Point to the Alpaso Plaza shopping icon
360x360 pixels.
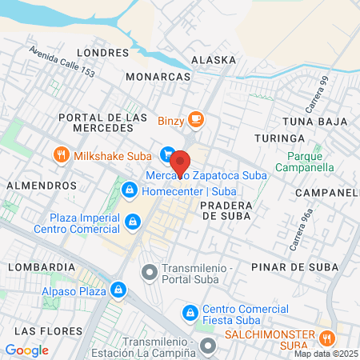click(x=118, y=289)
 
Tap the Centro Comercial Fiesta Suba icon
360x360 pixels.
click(x=190, y=312)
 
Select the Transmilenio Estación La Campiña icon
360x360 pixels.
click(x=208, y=346)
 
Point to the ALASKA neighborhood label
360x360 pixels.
click(x=214, y=60)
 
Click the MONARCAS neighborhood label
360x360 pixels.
click(x=158, y=77)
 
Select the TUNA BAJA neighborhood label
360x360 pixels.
click(x=315, y=122)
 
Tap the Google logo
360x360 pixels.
click(x=26, y=350)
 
